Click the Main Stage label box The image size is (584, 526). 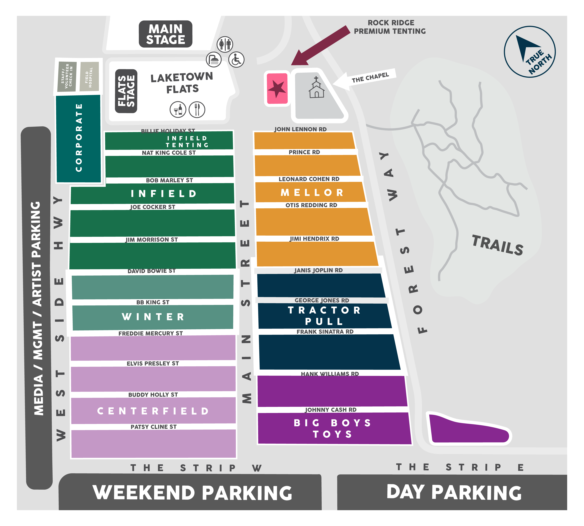(x=166, y=34)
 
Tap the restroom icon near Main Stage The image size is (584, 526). (x=225, y=44)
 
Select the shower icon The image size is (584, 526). (x=214, y=60)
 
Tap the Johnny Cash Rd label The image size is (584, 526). (x=331, y=410)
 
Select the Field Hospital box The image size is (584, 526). (x=89, y=77)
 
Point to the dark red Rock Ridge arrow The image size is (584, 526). (x=321, y=45)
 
